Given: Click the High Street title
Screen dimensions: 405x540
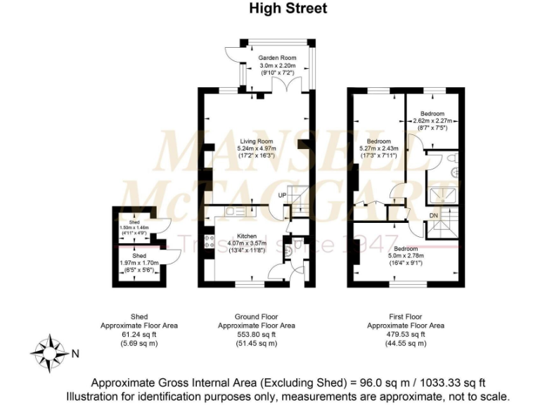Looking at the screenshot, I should point(288,9).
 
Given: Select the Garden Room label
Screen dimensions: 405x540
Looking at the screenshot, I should point(277,58).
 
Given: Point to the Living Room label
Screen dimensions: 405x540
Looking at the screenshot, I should point(257,141).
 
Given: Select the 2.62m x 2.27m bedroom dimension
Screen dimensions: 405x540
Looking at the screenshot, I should point(432,121).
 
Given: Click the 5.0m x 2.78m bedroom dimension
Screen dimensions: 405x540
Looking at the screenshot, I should point(406,257).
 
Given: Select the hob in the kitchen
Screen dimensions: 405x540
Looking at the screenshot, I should point(210,243).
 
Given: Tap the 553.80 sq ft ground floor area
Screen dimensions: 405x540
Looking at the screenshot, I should point(256,335).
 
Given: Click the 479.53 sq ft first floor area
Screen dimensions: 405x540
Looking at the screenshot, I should point(406,335).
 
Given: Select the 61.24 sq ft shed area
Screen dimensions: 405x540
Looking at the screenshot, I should point(138,335).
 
